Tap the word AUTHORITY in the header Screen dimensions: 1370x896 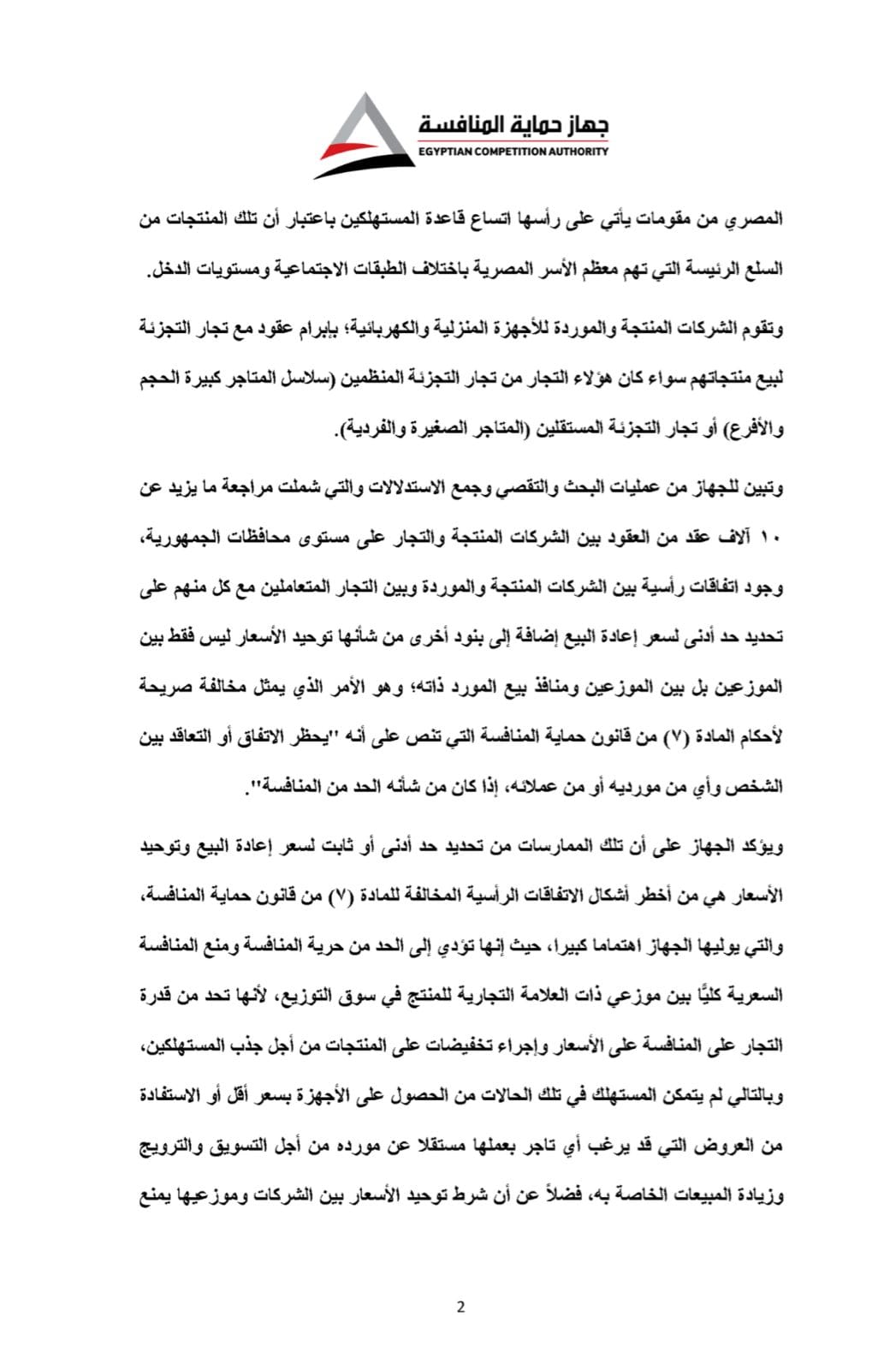pos(580,152)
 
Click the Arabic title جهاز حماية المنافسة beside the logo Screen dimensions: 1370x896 pos(513,126)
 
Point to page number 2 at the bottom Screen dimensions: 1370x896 pos(460,1307)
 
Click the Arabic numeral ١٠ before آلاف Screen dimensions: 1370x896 pos(773,539)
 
